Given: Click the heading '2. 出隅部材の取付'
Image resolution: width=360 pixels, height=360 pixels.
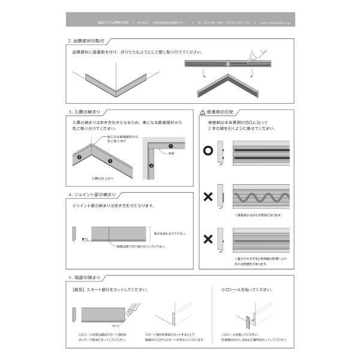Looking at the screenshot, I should pos(87,42).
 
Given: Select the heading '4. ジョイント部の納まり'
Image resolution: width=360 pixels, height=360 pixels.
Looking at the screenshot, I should pos(91,195).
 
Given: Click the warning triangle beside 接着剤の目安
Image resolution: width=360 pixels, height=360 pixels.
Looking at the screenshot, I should pos(202,112).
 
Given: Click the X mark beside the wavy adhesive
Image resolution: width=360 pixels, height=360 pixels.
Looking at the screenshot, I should pos(208,196).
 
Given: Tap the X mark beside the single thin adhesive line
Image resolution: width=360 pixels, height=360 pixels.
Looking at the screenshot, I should pos(208,239).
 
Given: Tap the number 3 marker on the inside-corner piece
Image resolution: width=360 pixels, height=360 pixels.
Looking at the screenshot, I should pos(110,161).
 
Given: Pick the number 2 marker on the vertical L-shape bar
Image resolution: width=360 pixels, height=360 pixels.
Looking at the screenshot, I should pos(151,165).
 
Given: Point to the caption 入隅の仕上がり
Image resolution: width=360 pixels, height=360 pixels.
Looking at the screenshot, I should pos(103,178).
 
